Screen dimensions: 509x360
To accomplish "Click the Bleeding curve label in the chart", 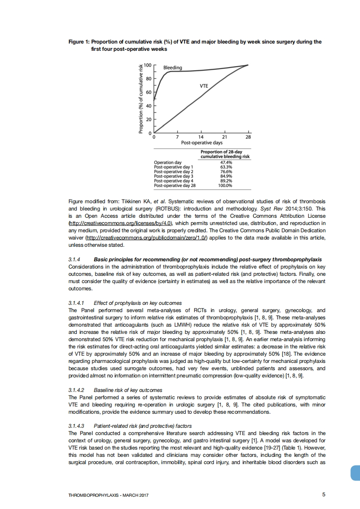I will pos(173,68).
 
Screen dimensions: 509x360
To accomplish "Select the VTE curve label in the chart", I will pos(204,86).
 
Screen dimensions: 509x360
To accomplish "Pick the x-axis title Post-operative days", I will pos(202,142).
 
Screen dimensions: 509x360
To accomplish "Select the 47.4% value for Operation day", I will pos(226,162).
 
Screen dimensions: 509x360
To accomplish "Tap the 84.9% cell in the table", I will pos(226,176).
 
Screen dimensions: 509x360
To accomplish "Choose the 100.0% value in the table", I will pos(225,185).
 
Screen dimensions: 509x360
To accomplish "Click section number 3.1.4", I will pos(74,259).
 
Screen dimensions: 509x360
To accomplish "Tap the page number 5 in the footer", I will pos(324,494).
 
